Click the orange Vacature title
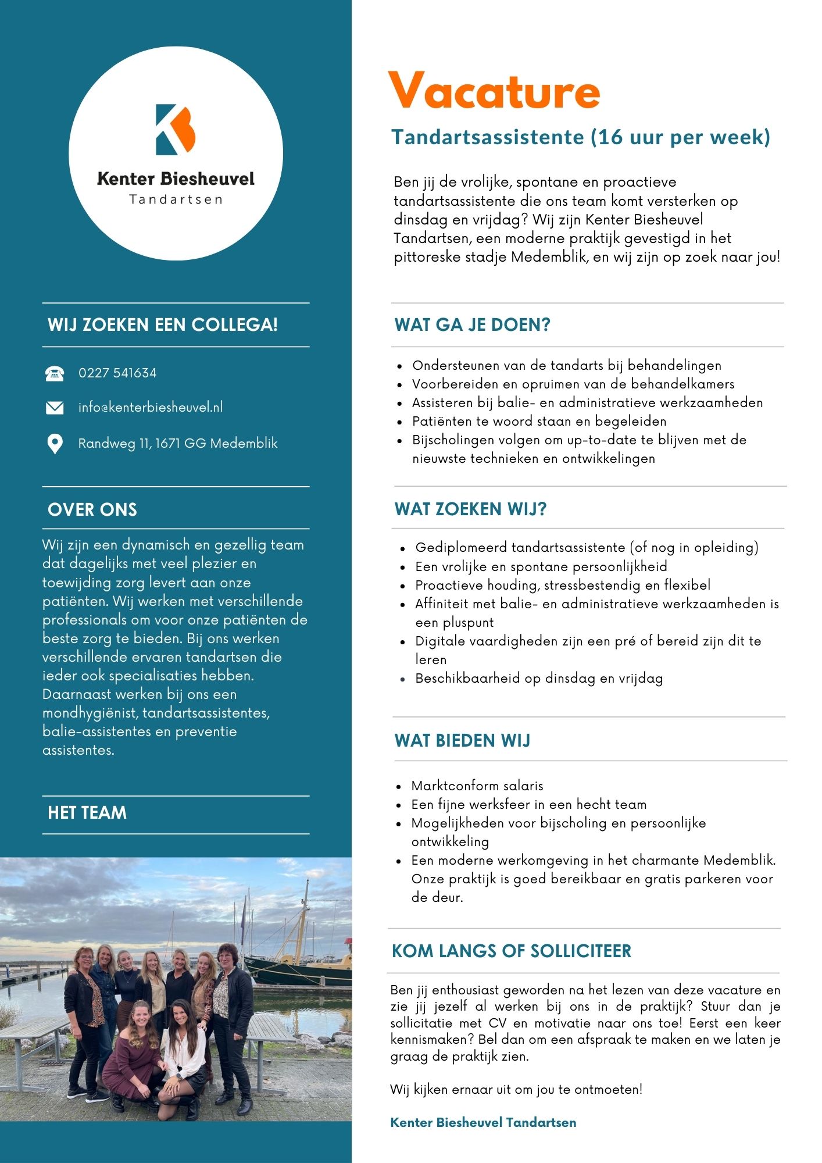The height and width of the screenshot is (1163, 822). click(494, 91)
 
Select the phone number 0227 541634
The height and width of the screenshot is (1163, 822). click(117, 373)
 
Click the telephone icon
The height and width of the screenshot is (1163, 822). click(55, 373)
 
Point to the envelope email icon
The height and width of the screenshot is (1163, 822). click(55, 408)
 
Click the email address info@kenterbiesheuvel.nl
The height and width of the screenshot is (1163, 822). click(150, 407)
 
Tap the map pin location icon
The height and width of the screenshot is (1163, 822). click(55, 444)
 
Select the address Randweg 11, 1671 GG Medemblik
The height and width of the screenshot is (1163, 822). click(177, 443)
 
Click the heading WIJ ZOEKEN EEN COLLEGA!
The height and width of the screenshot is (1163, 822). click(163, 324)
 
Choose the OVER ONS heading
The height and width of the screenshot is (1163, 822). click(92, 509)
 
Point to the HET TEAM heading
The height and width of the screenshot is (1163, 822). click(87, 812)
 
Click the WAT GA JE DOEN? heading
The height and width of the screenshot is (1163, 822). click(472, 324)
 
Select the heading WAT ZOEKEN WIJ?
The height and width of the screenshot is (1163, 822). click(470, 509)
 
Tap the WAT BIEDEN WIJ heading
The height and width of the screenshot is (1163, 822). click(462, 740)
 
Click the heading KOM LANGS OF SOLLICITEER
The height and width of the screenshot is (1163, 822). click(512, 951)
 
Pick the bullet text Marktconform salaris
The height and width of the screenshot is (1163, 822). click(477, 786)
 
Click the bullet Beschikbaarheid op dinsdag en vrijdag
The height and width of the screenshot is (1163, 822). click(539, 678)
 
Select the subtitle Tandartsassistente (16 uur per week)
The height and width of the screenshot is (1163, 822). click(581, 137)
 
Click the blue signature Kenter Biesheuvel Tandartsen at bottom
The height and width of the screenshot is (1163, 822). click(483, 1122)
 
